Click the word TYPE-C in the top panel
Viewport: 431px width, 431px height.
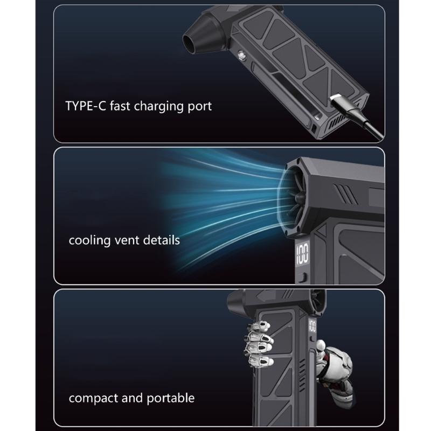[x=86, y=106]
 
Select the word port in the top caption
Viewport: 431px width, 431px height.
[x=199, y=107]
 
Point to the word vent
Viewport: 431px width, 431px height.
[x=127, y=241]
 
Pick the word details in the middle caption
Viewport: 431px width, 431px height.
[x=161, y=240]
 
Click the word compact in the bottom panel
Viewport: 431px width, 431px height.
[x=93, y=399]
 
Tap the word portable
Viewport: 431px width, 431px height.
[x=170, y=398]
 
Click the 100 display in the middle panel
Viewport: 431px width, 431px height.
[x=302, y=253]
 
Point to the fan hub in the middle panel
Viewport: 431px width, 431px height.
[x=299, y=198]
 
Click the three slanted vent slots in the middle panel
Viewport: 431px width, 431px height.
[x=345, y=193]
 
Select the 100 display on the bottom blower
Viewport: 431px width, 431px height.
[x=312, y=326]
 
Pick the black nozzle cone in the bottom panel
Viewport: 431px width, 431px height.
[x=236, y=302]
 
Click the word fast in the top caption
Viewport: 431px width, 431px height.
[x=120, y=106]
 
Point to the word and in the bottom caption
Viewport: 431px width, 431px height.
[x=132, y=398]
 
